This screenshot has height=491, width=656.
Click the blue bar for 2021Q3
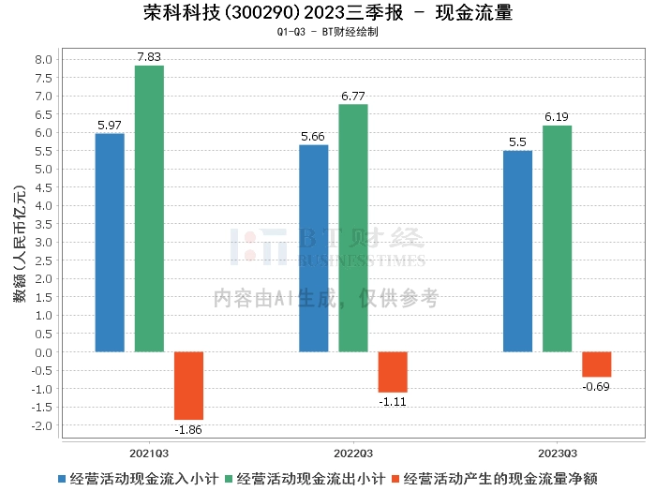pos(110,243)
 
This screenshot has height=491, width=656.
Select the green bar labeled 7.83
pos(149,209)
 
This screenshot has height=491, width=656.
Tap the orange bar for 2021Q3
pos(188,386)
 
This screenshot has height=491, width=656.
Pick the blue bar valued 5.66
pos(314,248)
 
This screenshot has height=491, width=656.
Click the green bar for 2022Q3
pos(353,228)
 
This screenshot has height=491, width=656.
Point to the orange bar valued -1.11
pos(393,372)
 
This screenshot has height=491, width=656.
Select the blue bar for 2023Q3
pos(517,251)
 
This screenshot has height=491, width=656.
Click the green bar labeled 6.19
pos(558,239)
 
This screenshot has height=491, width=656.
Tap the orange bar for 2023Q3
pos(597,365)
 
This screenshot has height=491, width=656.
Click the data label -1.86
pos(188,430)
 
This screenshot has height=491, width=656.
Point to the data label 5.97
pos(110,125)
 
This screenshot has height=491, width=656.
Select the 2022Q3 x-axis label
pos(353,454)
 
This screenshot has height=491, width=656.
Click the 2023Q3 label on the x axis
pos(558,454)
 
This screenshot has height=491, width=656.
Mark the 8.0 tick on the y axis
pos(43,59)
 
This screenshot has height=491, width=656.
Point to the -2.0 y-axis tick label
pos(42,425)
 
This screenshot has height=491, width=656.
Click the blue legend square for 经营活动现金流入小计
pos(62,479)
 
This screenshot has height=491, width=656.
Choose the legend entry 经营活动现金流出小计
pos(306,479)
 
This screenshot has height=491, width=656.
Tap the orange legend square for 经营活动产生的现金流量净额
pos(395,479)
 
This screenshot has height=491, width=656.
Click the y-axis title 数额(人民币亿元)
pos(20,244)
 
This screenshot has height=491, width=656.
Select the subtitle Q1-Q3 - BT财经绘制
pos(328,32)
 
